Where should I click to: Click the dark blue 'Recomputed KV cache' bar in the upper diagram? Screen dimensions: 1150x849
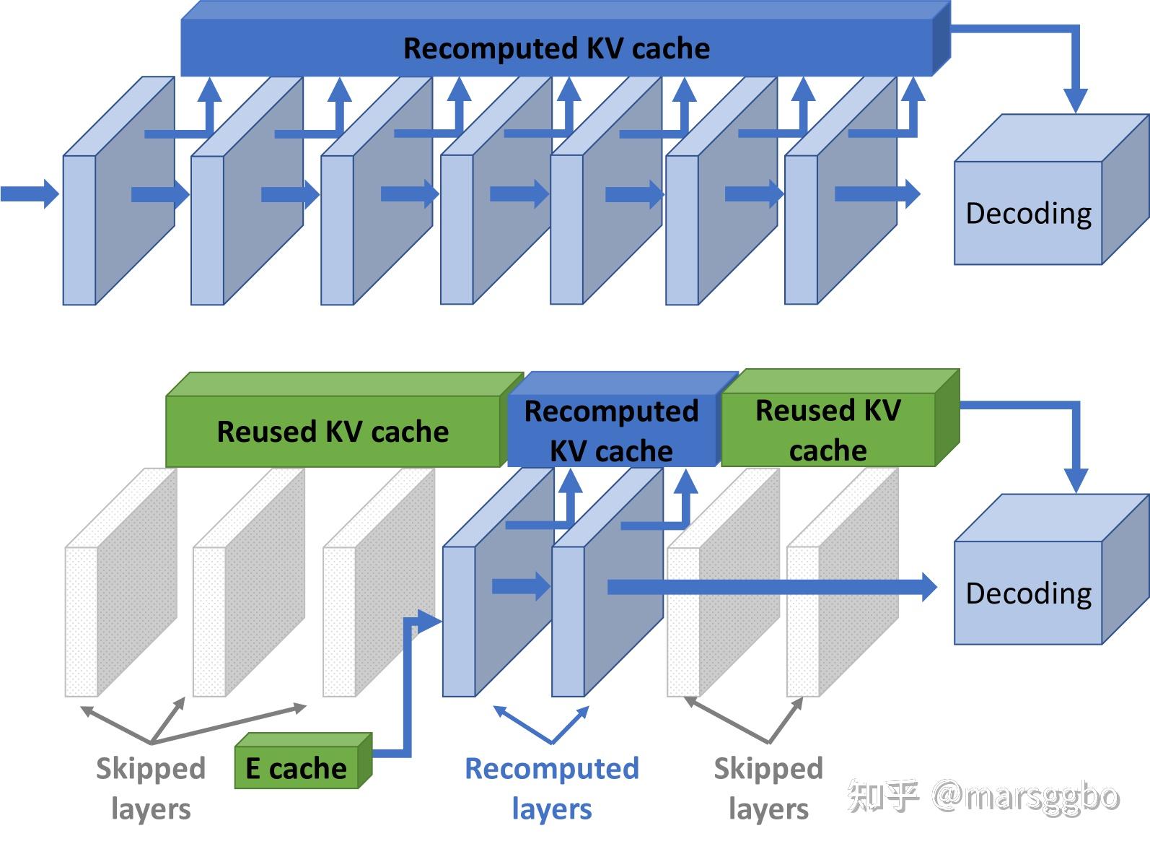tap(565, 39)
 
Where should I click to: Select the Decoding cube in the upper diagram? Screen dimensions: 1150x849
tap(1051, 190)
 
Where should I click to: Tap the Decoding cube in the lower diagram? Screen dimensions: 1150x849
tap(1051, 570)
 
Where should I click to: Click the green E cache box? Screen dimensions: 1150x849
tap(303, 761)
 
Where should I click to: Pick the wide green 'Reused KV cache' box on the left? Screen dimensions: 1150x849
tap(343, 420)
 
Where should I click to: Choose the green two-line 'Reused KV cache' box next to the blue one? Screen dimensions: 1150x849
tap(840, 418)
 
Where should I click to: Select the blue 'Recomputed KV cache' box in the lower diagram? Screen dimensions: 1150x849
tap(622, 419)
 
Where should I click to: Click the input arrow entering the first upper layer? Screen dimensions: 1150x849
tap(30, 194)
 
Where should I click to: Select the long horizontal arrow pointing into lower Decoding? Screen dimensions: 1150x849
tap(773, 588)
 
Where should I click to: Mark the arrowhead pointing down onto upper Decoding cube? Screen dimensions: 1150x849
tap(1076, 101)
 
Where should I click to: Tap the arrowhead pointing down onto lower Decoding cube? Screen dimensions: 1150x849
tap(1076, 481)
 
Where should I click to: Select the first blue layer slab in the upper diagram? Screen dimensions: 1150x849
tap(118, 191)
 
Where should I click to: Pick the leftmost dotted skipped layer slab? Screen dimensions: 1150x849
tap(120, 583)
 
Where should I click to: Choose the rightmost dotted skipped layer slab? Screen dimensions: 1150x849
tap(843, 583)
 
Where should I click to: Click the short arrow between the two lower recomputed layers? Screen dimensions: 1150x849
tap(521, 587)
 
